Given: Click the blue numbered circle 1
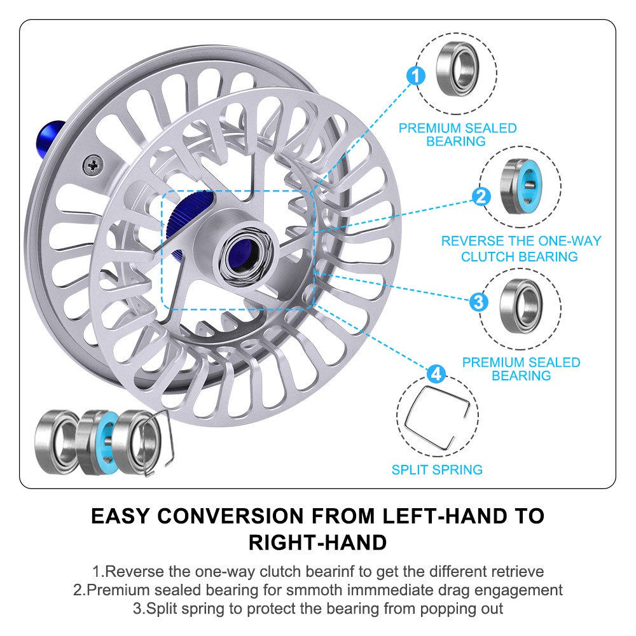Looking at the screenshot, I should click(415, 77).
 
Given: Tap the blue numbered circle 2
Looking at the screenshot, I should click(481, 196).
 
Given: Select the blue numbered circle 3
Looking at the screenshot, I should click(479, 301).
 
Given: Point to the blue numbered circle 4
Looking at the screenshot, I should click(436, 374).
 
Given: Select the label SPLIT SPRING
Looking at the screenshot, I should click(437, 470).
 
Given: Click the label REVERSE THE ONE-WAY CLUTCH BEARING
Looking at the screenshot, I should click(520, 249).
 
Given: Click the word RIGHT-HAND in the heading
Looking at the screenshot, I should click(317, 543).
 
